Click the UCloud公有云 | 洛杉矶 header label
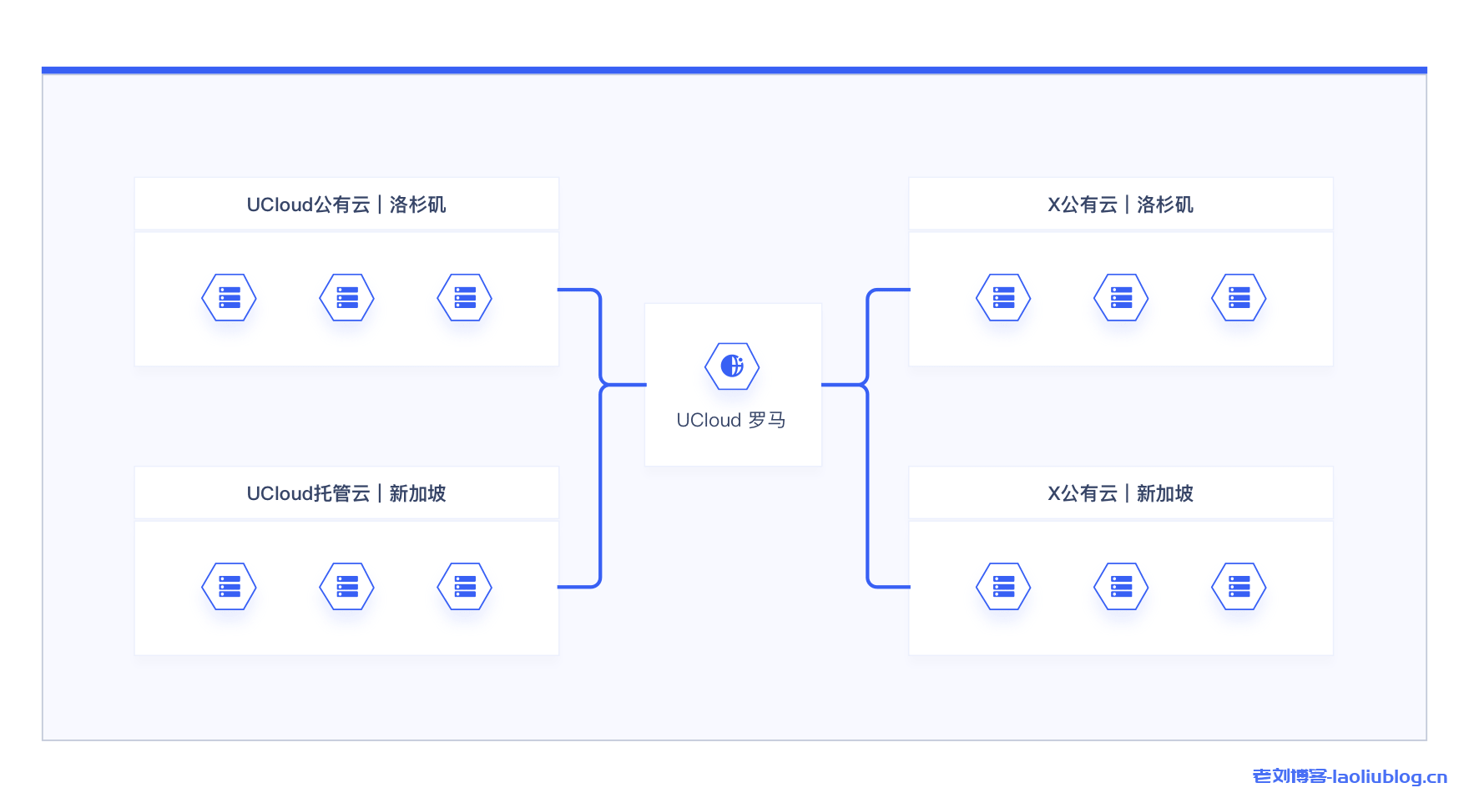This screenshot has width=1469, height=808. (346, 205)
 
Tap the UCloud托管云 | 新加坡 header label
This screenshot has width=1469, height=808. (346, 493)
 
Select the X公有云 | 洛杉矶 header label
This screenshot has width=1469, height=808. (1120, 205)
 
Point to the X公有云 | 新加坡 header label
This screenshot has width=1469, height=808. (1120, 493)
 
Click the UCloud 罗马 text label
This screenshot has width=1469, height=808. (731, 420)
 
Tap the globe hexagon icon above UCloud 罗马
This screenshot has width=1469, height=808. (732, 366)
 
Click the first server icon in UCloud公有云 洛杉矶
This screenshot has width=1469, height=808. (229, 297)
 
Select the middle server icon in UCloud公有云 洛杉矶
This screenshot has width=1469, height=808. (346, 297)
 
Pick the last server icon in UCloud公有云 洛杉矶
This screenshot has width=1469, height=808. (464, 297)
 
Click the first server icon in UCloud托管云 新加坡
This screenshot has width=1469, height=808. (229, 586)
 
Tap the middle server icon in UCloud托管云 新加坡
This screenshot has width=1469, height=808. (346, 586)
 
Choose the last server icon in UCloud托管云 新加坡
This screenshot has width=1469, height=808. (464, 586)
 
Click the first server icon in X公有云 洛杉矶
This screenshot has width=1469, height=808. (1003, 297)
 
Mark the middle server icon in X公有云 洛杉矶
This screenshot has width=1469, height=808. (1121, 297)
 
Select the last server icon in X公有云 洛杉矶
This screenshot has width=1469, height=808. (1239, 297)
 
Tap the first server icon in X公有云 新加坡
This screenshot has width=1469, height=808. (1003, 586)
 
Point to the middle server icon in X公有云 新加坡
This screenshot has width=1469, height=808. (1121, 586)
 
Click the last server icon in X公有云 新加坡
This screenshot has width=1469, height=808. (1239, 586)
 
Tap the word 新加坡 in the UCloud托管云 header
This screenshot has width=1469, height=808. (417, 493)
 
